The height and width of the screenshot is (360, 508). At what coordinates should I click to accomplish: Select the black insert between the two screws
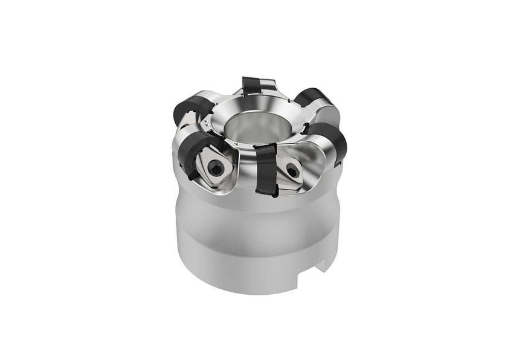(265, 169)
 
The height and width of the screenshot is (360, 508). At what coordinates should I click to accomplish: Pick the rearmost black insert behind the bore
(252, 85)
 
